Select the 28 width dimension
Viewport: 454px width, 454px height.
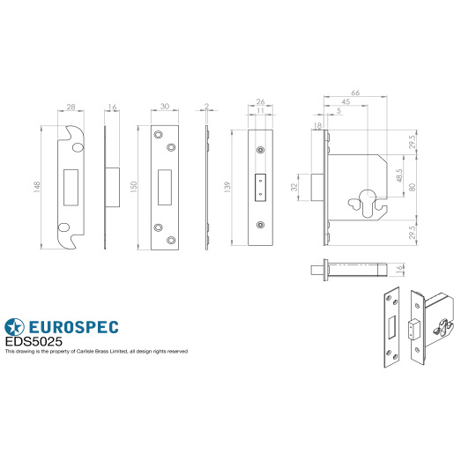[x=70, y=106]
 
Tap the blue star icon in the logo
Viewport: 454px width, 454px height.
[x=15, y=324]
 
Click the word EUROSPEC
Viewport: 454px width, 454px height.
[x=74, y=324]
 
